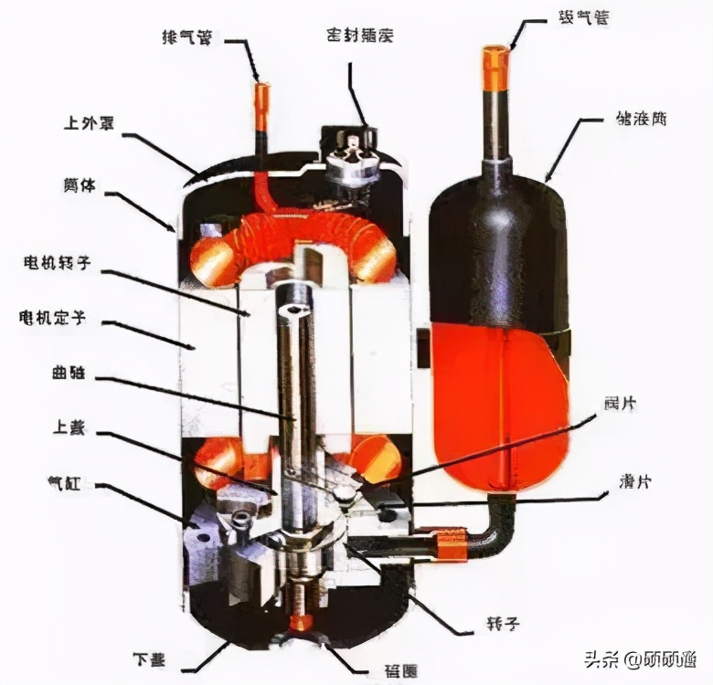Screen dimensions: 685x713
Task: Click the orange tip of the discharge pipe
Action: [x=262, y=95]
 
